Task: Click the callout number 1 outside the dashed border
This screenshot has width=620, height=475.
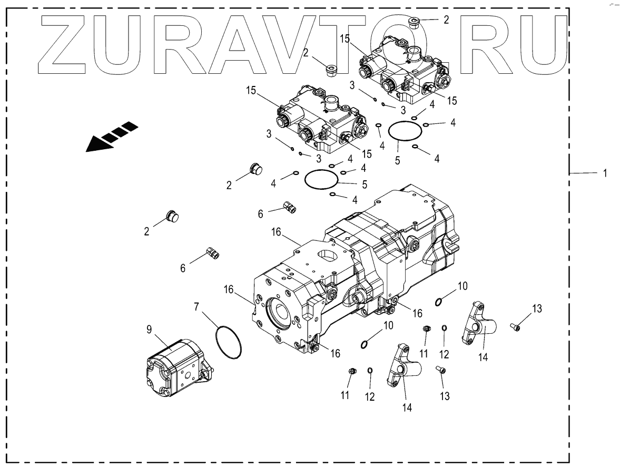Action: click(605, 173)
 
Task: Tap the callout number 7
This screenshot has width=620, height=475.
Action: click(197, 306)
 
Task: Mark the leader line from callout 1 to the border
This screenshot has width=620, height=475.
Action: click(583, 173)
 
